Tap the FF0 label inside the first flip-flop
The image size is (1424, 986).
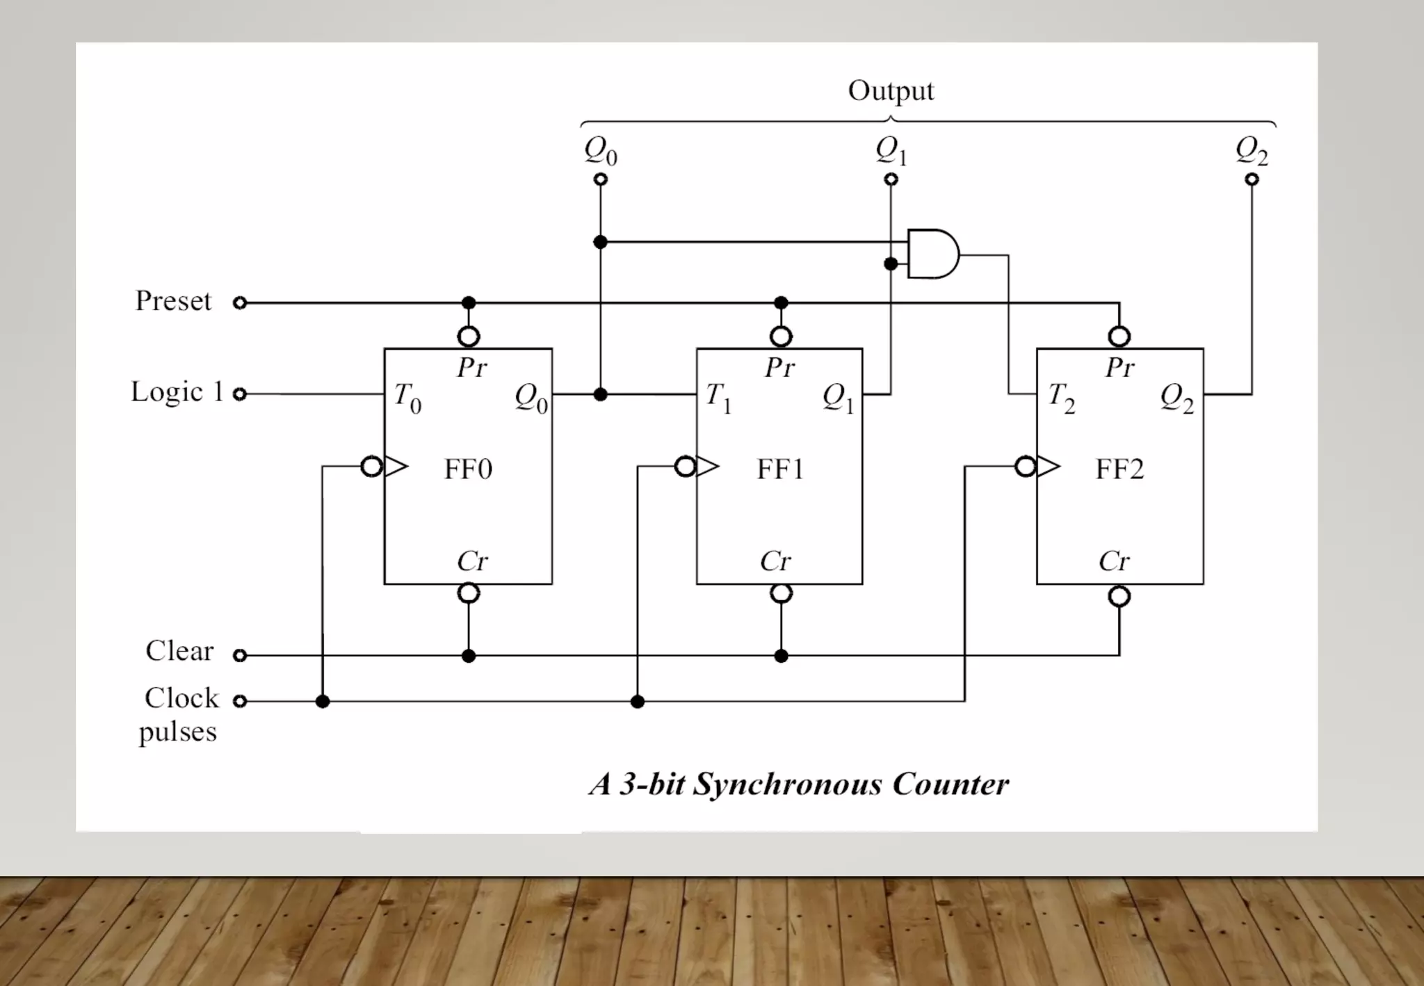[468, 469]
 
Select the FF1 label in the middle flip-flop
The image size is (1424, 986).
[780, 469]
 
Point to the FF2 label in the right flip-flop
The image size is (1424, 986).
[1119, 469]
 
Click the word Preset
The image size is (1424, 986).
[173, 301]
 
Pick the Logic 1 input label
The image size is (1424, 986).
[177, 392]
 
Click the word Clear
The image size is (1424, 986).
[179, 652]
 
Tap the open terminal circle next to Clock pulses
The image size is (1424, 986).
[240, 701]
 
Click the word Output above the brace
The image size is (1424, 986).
[891, 91]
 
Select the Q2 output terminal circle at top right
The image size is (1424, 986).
[1252, 179]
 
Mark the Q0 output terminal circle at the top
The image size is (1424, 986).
[601, 179]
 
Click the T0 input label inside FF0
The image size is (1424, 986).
[407, 398]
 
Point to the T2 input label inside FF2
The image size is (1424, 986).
[1061, 398]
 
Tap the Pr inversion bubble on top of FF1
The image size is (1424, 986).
[781, 337]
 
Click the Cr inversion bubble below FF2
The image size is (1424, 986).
[1119, 597]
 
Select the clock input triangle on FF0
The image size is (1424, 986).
[396, 467]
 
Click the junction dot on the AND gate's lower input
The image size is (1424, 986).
[891, 264]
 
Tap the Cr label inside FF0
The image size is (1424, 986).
[472, 561]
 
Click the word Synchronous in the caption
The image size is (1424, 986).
[787, 784]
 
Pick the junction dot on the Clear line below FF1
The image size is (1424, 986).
[781, 656]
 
